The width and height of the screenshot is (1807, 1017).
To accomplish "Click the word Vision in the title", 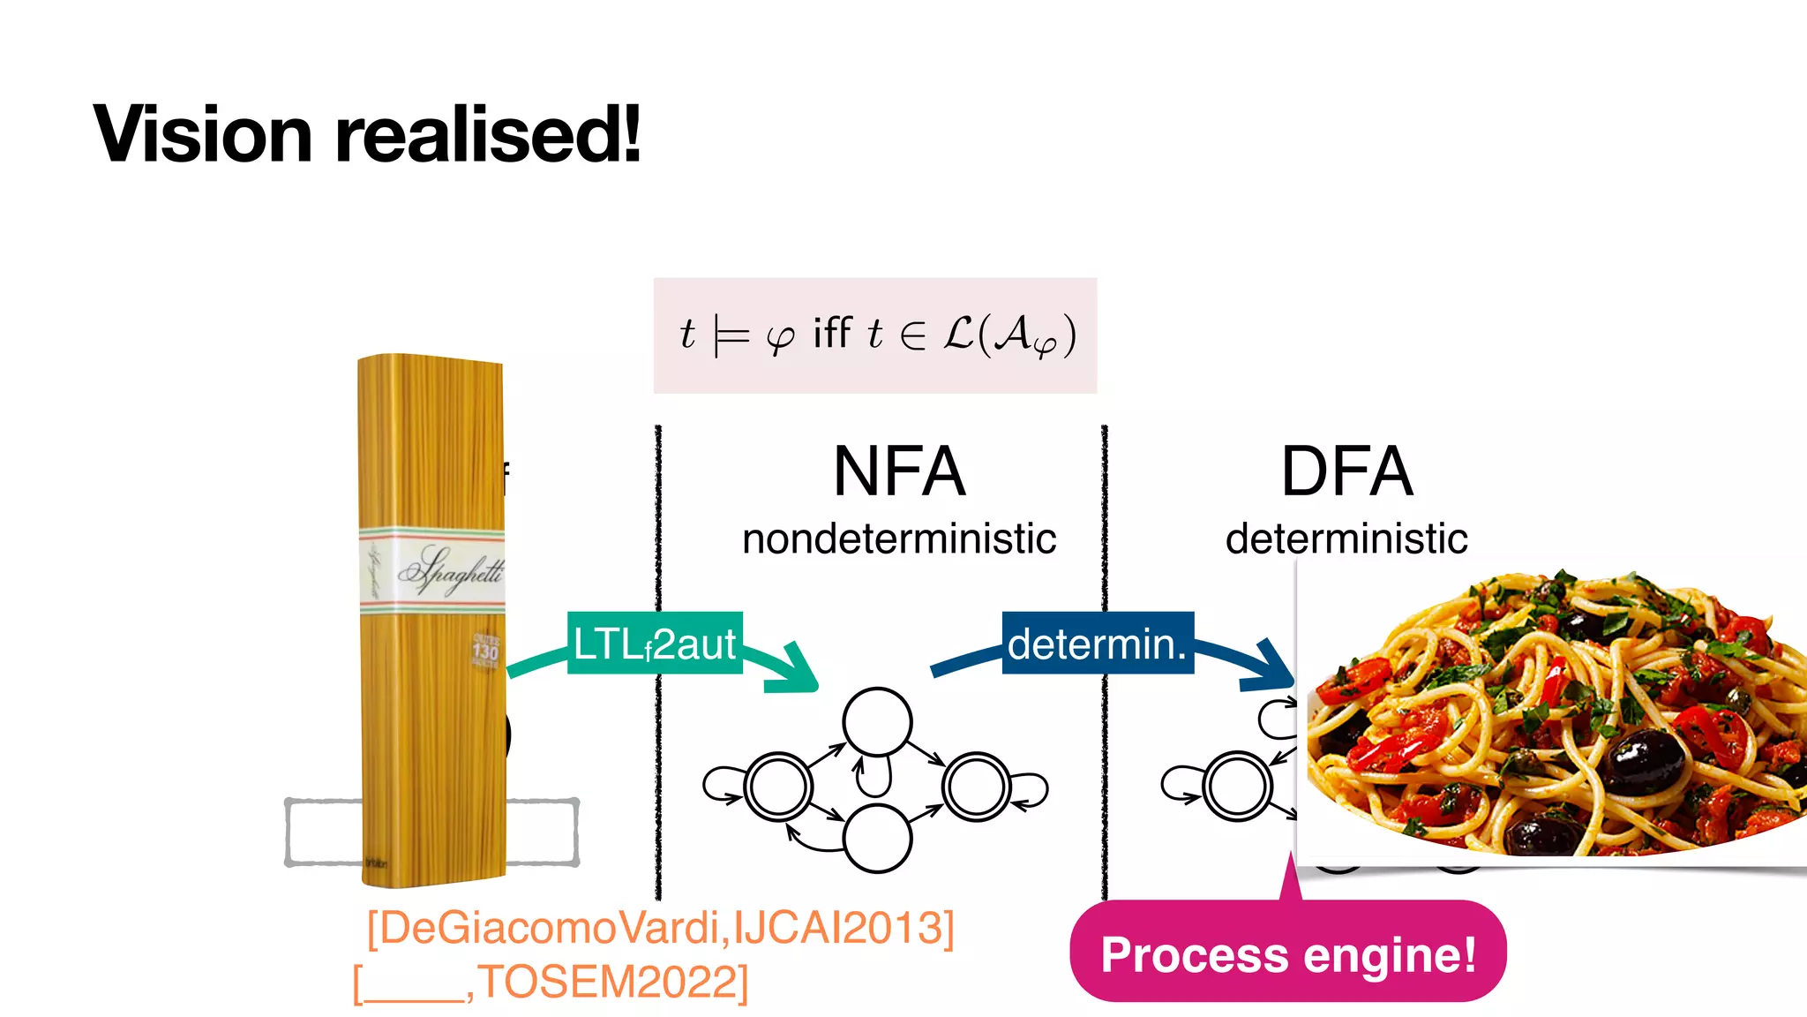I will tap(202, 134).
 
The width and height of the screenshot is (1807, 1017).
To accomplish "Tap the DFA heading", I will tap(1346, 471).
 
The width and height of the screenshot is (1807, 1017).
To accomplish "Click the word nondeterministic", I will tap(898, 539).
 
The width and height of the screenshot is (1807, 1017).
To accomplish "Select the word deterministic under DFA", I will tap(1346, 539).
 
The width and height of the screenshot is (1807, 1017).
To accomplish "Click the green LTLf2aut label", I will tap(654, 644).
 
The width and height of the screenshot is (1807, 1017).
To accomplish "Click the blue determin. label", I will tap(1097, 644).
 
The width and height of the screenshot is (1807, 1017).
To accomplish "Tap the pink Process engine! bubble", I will tap(1287, 954).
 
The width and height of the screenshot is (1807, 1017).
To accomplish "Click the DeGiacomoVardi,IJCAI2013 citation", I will tap(660, 928).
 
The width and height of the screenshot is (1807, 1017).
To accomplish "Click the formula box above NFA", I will tap(874, 335).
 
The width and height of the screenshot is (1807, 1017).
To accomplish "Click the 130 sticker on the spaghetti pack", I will tap(485, 652).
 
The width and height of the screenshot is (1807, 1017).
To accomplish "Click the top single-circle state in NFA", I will tap(876, 721).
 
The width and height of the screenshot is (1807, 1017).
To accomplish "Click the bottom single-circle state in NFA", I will tap(876, 838).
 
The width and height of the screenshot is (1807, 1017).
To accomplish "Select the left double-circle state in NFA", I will tap(778, 786).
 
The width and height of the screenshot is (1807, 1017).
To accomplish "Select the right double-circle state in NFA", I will tap(975, 786).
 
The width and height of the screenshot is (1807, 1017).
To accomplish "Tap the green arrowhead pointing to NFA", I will tap(799, 671).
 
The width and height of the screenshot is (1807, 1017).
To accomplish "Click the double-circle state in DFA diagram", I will tap(1237, 786).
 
